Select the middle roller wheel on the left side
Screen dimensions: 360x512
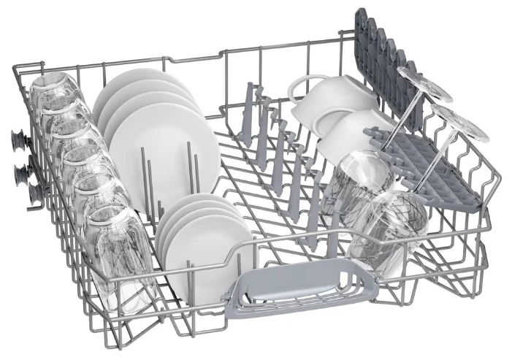(18, 172)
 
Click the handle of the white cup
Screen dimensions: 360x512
(305, 85)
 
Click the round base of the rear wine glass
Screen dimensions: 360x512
(423, 83)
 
